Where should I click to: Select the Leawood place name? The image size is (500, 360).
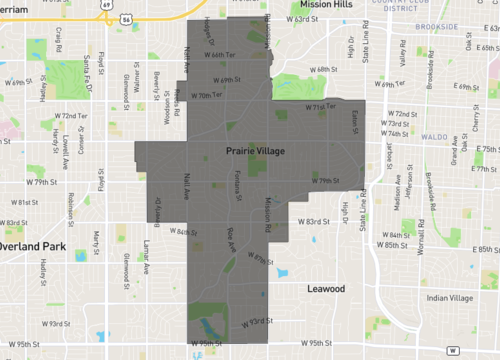(x=325, y=288)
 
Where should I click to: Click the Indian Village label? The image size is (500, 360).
(x=448, y=298)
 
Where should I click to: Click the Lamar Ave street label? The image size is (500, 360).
(x=146, y=255)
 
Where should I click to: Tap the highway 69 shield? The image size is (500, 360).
(x=104, y=4)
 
